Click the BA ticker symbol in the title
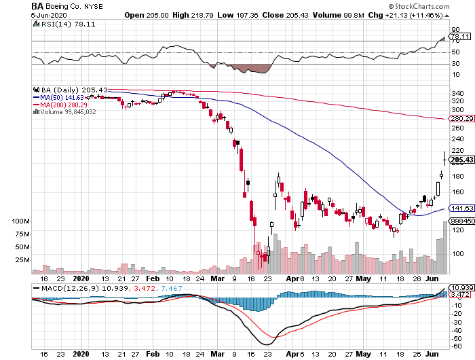tap(38, 6)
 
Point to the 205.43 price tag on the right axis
tap(461, 160)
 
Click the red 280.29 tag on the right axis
tap(461, 119)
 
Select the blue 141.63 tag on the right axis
tap(461, 209)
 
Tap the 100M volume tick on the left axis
tap(23, 221)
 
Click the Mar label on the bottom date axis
tap(217, 278)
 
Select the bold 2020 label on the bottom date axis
tap(81, 278)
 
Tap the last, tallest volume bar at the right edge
tap(445, 247)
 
